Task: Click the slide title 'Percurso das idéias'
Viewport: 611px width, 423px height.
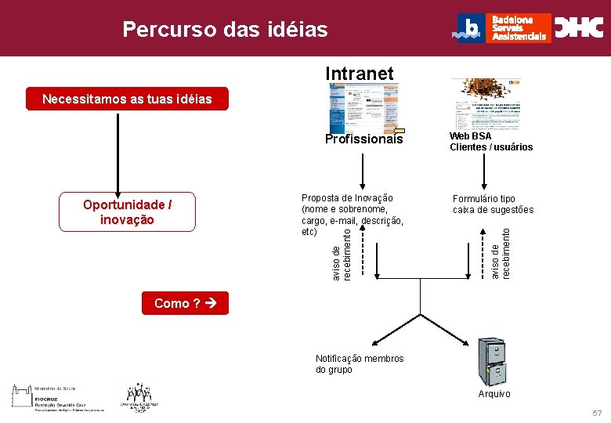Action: pos(225,30)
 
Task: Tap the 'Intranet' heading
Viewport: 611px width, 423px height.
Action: pos(360,74)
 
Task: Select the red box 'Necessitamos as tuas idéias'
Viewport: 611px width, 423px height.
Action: pos(127,99)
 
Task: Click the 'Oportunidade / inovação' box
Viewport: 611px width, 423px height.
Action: pos(127,212)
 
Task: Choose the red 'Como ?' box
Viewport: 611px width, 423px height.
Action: pos(185,303)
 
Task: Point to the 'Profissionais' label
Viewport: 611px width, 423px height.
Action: pos(364,139)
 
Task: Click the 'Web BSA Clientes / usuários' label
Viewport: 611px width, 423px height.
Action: pos(490,142)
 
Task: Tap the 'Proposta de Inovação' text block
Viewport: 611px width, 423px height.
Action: pos(352,215)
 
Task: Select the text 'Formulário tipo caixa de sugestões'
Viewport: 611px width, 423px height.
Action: pos(493,204)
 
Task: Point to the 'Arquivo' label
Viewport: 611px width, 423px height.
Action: pos(494,393)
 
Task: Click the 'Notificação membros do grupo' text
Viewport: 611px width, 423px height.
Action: pos(360,363)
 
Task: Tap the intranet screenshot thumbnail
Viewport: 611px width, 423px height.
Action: pos(363,107)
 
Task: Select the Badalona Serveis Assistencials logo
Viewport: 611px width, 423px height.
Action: pos(501,28)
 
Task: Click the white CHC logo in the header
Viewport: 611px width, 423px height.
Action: pos(579,28)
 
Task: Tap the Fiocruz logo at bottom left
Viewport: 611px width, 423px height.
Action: pos(58,397)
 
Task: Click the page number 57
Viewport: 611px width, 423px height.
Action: pos(598,413)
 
